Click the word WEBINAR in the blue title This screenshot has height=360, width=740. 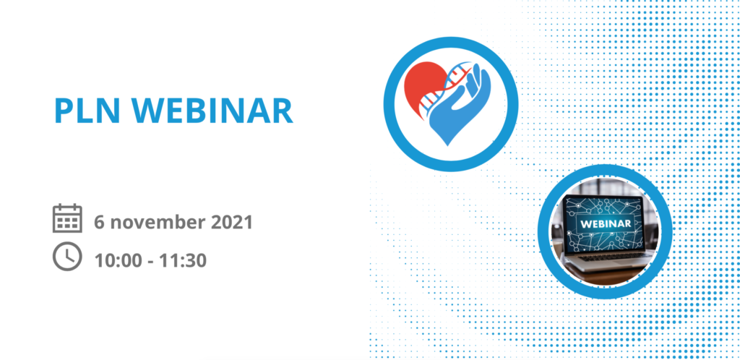tap(212, 111)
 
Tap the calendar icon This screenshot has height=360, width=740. tap(67, 218)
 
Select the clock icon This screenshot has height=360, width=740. tap(67, 256)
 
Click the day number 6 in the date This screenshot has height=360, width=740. tap(99, 222)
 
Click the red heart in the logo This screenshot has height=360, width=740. tap(421, 87)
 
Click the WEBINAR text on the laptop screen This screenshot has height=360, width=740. tap(606, 223)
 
